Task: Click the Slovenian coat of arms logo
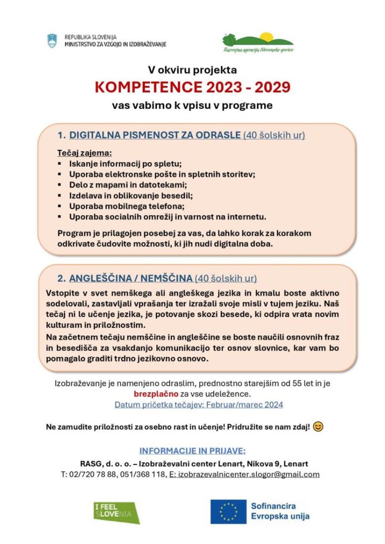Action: (x=52, y=40)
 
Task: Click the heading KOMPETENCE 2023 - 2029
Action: (x=192, y=87)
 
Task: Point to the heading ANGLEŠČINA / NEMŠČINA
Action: (x=131, y=278)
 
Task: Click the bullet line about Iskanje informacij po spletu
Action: (x=125, y=164)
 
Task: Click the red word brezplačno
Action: (x=156, y=394)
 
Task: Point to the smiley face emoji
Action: (x=318, y=427)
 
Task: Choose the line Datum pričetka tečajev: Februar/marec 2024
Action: (x=199, y=405)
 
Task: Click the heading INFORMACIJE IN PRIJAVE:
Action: (x=192, y=452)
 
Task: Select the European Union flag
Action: (x=228, y=511)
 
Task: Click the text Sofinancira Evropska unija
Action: (x=280, y=511)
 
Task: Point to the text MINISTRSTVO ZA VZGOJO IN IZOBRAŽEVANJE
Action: (x=115, y=44)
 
